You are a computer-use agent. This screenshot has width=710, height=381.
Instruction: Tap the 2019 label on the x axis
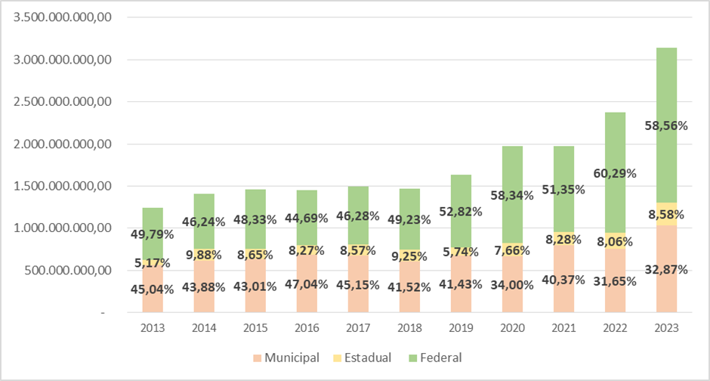tap(461, 329)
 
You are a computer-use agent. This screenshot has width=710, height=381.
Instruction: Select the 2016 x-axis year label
tap(307, 329)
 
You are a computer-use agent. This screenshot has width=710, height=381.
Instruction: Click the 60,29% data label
tap(614, 173)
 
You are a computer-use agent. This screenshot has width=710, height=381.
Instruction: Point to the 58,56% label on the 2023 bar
tap(666, 126)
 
